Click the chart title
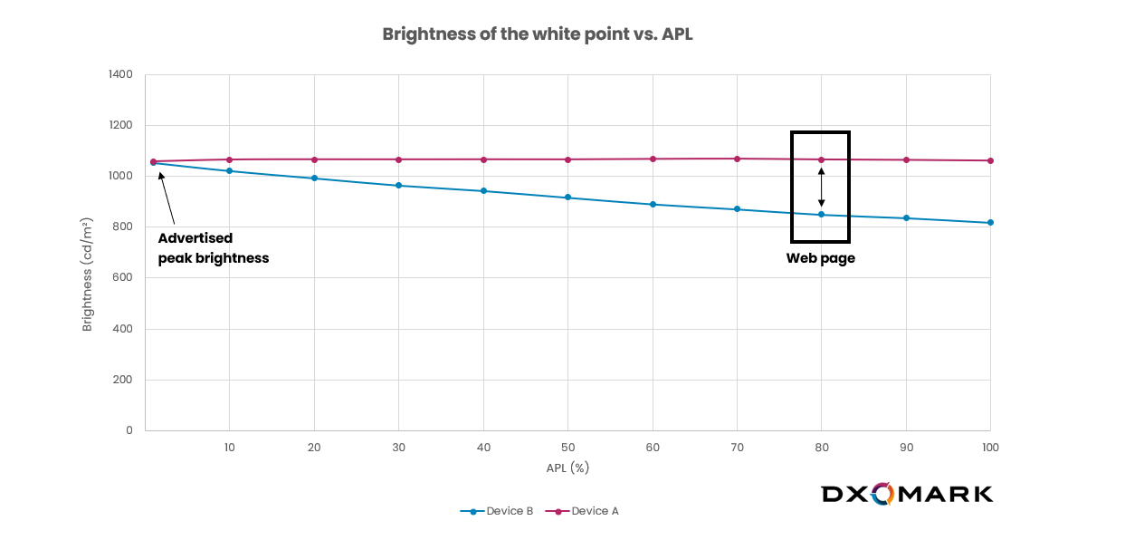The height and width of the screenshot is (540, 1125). [537, 34]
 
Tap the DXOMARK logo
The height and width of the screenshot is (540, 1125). [907, 494]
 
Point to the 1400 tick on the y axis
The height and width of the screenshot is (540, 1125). [120, 74]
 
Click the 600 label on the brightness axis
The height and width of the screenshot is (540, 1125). [123, 278]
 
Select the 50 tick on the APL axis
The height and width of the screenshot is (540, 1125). [567, 448]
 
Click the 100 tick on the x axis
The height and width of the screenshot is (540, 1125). [990, 448]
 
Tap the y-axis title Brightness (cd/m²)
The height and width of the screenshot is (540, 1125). [88, 274]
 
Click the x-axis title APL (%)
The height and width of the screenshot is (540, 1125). [567, 468]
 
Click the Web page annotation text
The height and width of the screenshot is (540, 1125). [820, 258]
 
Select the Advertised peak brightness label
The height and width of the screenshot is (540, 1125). [214, 248]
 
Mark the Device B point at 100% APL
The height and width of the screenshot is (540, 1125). [990, 223]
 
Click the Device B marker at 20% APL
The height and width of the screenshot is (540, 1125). [314, 178]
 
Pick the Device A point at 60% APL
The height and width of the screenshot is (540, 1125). [653, 159]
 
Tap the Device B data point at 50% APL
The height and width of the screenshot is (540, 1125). [567, 198]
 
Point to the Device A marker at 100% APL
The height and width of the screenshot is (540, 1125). [990, 161]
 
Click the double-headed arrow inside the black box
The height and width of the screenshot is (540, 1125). [821, 187]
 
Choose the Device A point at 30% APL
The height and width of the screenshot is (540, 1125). [398, 159]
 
